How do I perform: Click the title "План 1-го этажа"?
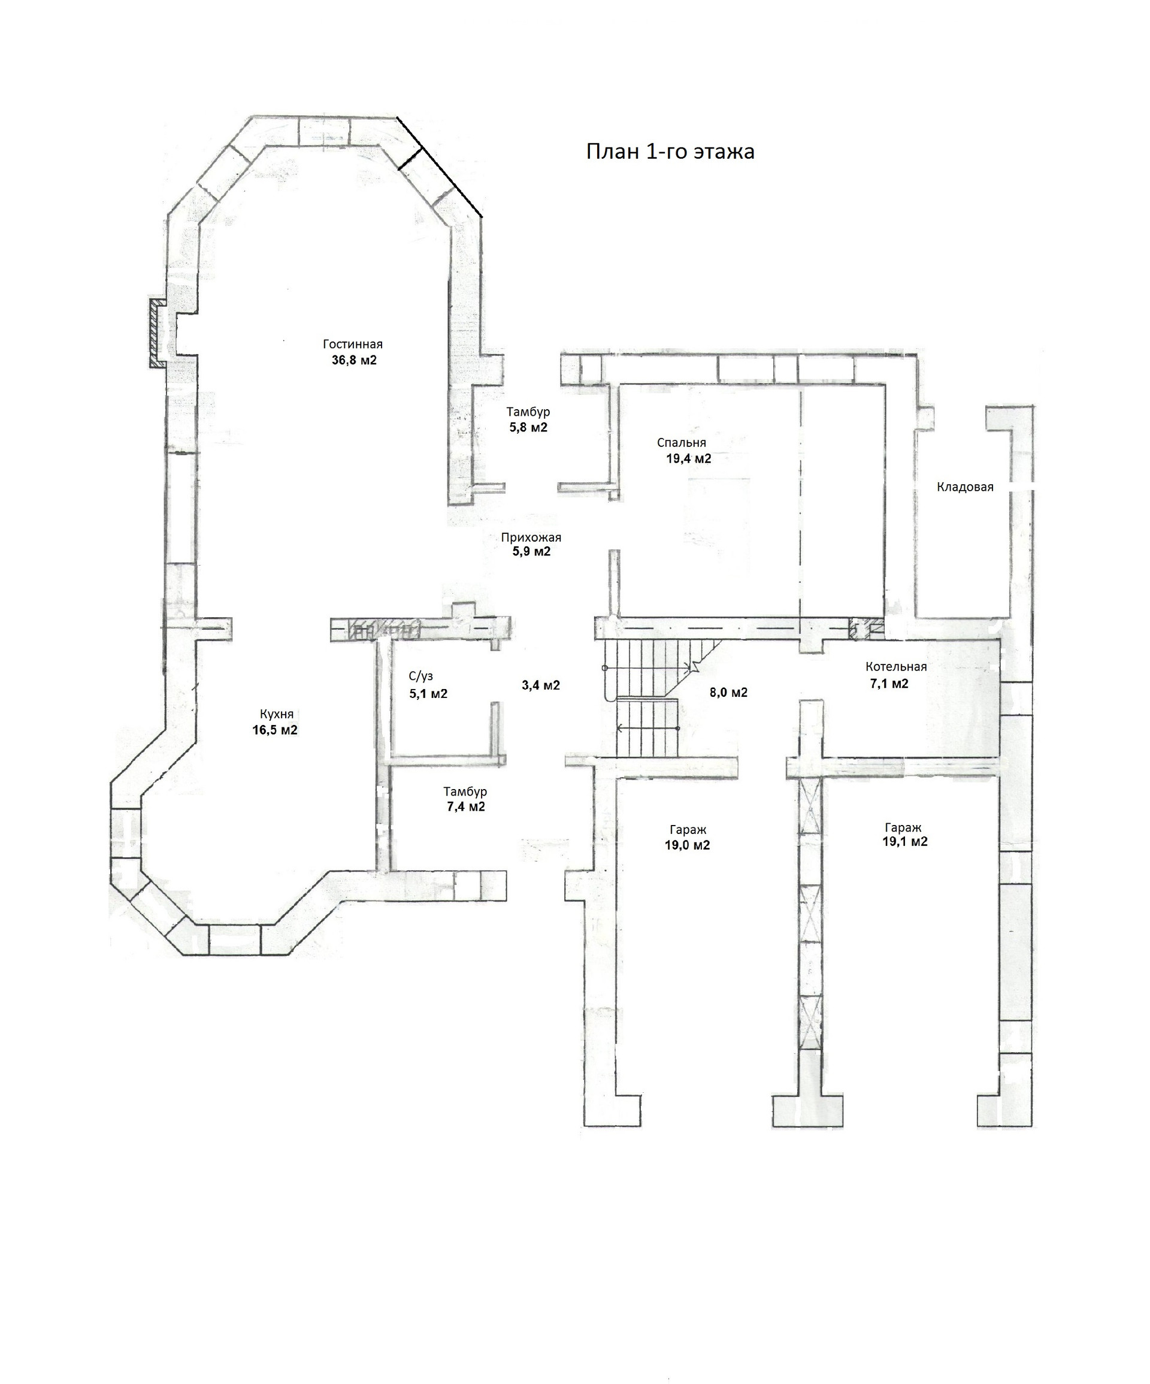pos(670,152)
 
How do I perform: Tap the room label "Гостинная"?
pos(353,344)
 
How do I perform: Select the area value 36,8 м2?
pos(354,361)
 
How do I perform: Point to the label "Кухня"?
pos(276,714)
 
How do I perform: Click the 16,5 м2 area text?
pos(275,730)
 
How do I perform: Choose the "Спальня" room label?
pos(682,443)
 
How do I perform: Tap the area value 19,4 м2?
pos(689,459)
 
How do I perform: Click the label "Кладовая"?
pos(965,487)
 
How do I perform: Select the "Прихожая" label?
pos(531,537)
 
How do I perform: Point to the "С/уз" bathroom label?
pos(420,676)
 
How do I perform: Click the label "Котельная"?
pos(895,666)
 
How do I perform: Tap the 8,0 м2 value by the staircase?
pos(728,693)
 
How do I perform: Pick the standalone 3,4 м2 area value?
pos(540,685)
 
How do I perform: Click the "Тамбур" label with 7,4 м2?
pos(465,791)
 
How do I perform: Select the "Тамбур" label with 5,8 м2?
pos(528,412)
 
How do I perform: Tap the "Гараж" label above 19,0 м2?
pos(688,830)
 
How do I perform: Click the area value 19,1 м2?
pos(905,842)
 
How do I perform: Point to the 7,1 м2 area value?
pos(889,684)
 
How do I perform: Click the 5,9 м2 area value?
pos(531,552)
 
